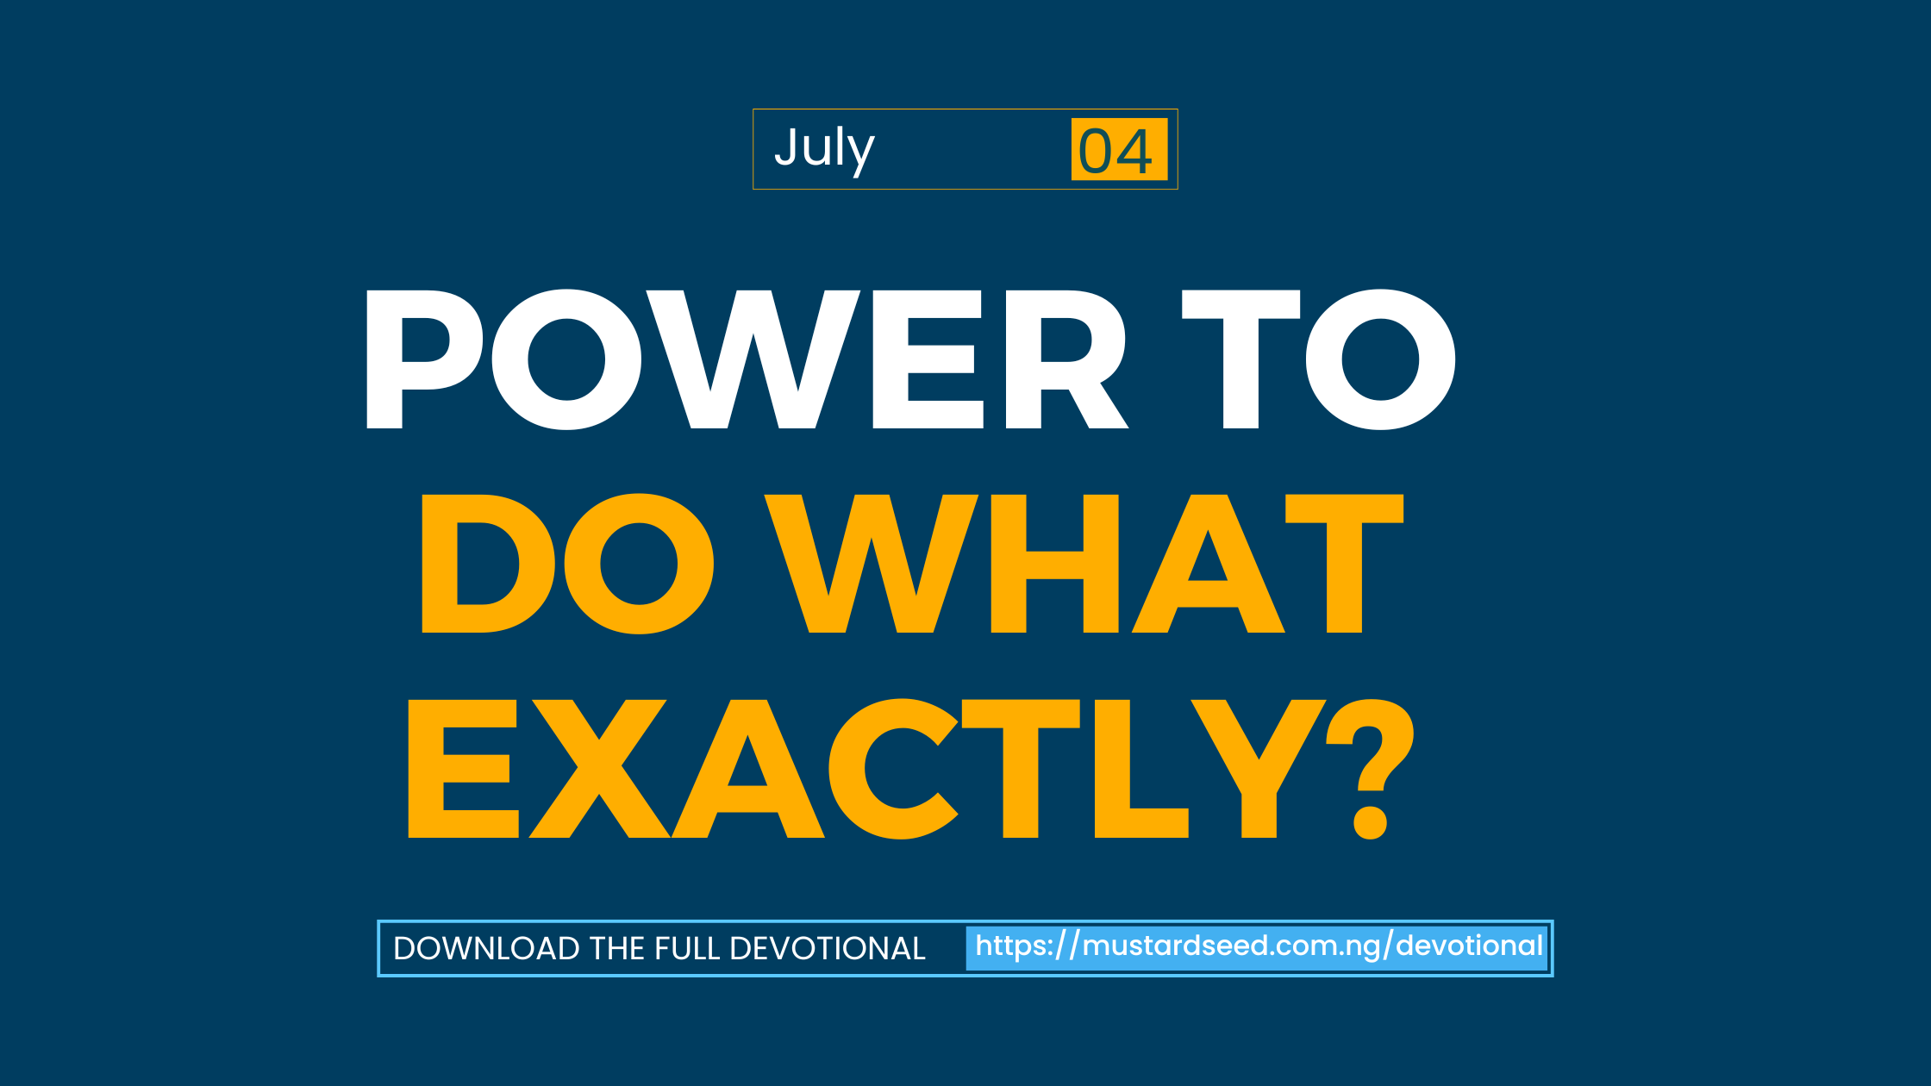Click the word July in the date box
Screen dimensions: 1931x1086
point(824,150)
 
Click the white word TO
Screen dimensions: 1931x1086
point(1319,359)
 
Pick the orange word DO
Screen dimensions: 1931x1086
point(567,564)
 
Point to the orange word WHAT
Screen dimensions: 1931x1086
point(1084,564)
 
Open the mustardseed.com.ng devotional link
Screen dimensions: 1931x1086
point(1259,946)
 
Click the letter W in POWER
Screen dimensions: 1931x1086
point(753,359)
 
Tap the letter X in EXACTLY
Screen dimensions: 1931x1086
point(599,769)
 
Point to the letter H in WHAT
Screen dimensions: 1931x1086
point(1055,564)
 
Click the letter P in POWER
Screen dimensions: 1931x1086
point(424,359)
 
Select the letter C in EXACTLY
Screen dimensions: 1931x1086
point(893,769)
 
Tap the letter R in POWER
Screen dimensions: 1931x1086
point(1067,359)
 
